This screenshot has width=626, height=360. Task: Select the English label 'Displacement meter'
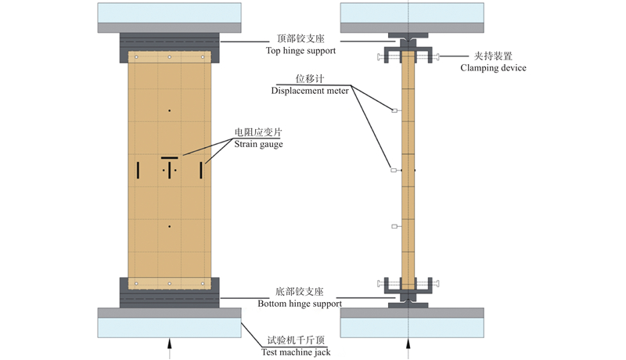[x=309, y=91]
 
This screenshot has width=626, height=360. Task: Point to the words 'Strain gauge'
[x=258, y=144]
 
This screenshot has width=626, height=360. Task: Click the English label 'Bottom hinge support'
[x=300, y=304]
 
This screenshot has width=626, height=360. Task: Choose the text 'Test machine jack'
[x=295, y=352]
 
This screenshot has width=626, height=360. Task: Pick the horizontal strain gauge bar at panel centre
[x=170, y=159]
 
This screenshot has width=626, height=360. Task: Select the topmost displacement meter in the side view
[x=394, y=111]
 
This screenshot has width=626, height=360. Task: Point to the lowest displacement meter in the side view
[x=394, y=227]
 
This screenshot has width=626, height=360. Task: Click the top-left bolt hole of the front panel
[x=135, y=57]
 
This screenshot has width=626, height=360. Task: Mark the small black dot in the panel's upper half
[x=170, y=110]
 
